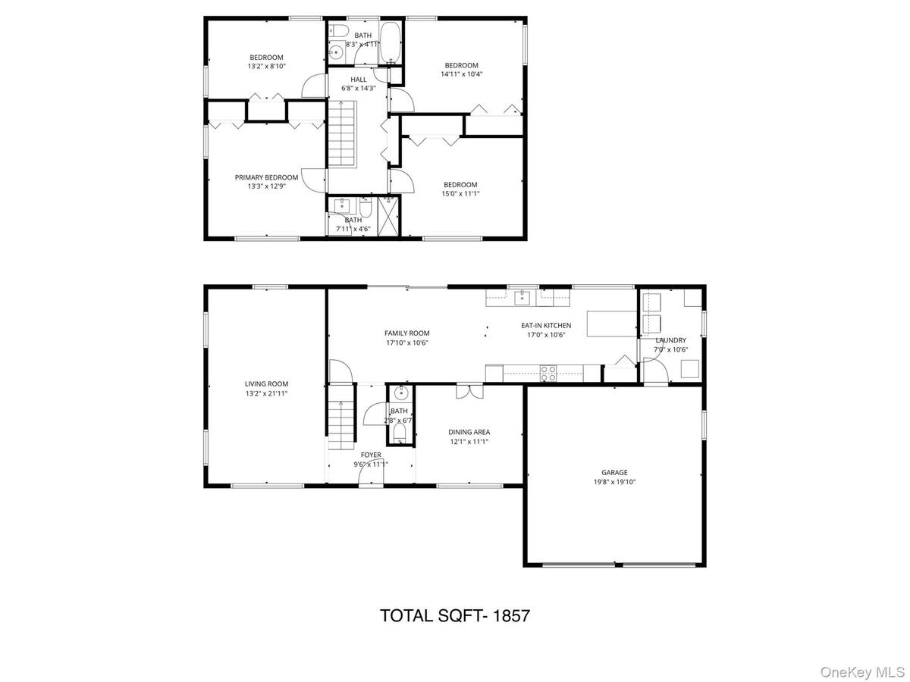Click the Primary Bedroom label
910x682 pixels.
(266, 177)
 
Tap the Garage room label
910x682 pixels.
(615, 472)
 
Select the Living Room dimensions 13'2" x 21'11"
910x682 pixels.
(266, 393)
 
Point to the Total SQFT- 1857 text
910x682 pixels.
(454, 615)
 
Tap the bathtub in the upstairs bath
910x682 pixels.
(391, 42)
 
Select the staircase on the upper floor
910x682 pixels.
(341, 135)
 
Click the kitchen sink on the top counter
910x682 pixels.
(522, 298)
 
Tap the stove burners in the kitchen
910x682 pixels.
(548, 371)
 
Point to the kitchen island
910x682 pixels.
(610, 324)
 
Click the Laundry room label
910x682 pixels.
(670, 340)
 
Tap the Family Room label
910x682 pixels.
(407, 333)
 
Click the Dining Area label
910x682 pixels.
(469, 431)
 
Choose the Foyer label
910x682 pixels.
(371, 455)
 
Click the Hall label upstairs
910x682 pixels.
(359, 79)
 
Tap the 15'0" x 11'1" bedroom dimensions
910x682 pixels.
(460, 193)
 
